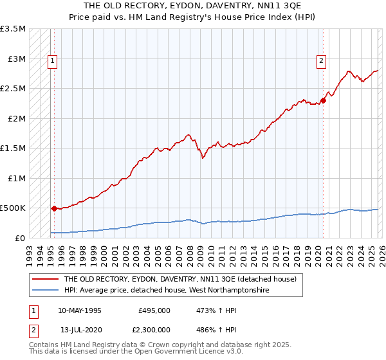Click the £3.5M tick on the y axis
pyautogui.click(x=13, y=29)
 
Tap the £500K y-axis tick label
pyautogui.click(x=13, y=208)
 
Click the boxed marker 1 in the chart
pyautogui.click(x=52, y=62)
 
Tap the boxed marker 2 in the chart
pyautogui.click(x=320, y=62)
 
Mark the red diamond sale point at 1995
pyautogui.click(x=53, y=208)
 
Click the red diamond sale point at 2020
pyautogui.click(x=322, y=100)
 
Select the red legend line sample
pyautogui.click(x=46, y=280)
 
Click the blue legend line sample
pyautogui.click(x=46, y=291)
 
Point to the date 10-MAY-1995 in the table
pyautogui.click(x=80, y=310)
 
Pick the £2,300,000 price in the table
pyautogui.click(x=154, y=329)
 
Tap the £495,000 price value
pyautogui.click(x=154, y=310)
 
